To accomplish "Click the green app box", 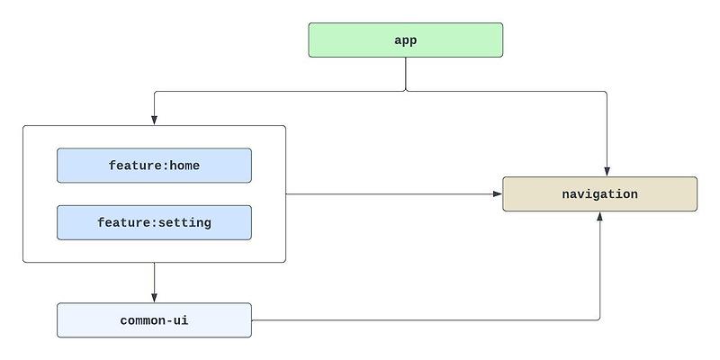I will coord(405,40).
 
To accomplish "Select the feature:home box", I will coord(154,166).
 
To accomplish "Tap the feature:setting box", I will coord(154,222).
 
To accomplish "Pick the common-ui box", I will coord(154,320).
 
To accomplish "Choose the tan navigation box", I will coord(599,194).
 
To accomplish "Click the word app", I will coord(405,40).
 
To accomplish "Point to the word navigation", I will coord(599,194).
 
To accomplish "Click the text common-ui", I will coord(154,320).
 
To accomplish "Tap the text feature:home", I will coord(154,166).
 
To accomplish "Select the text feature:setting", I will coord(154,222).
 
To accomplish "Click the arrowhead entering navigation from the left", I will coord(498,193).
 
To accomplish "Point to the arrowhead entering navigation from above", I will coord(607,172).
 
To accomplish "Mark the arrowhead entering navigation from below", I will coord(599,217).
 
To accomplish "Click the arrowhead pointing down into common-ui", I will coord(154,298).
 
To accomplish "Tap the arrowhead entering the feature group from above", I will coord(154,121).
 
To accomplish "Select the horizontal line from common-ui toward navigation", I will coord(423,319).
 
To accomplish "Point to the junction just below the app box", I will coord(405,90).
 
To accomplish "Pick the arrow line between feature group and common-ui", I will coord(154,281).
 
